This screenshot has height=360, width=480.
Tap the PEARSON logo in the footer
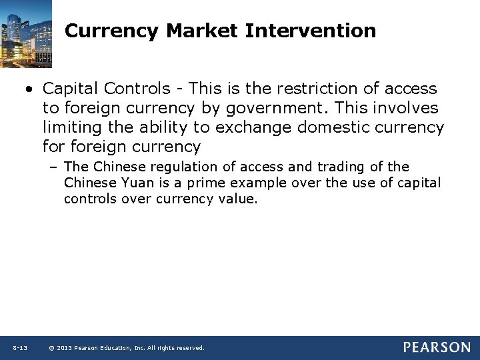437,347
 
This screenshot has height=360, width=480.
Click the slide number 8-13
19,348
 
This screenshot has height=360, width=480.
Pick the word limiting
68,127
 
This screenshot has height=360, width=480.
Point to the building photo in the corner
26,33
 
